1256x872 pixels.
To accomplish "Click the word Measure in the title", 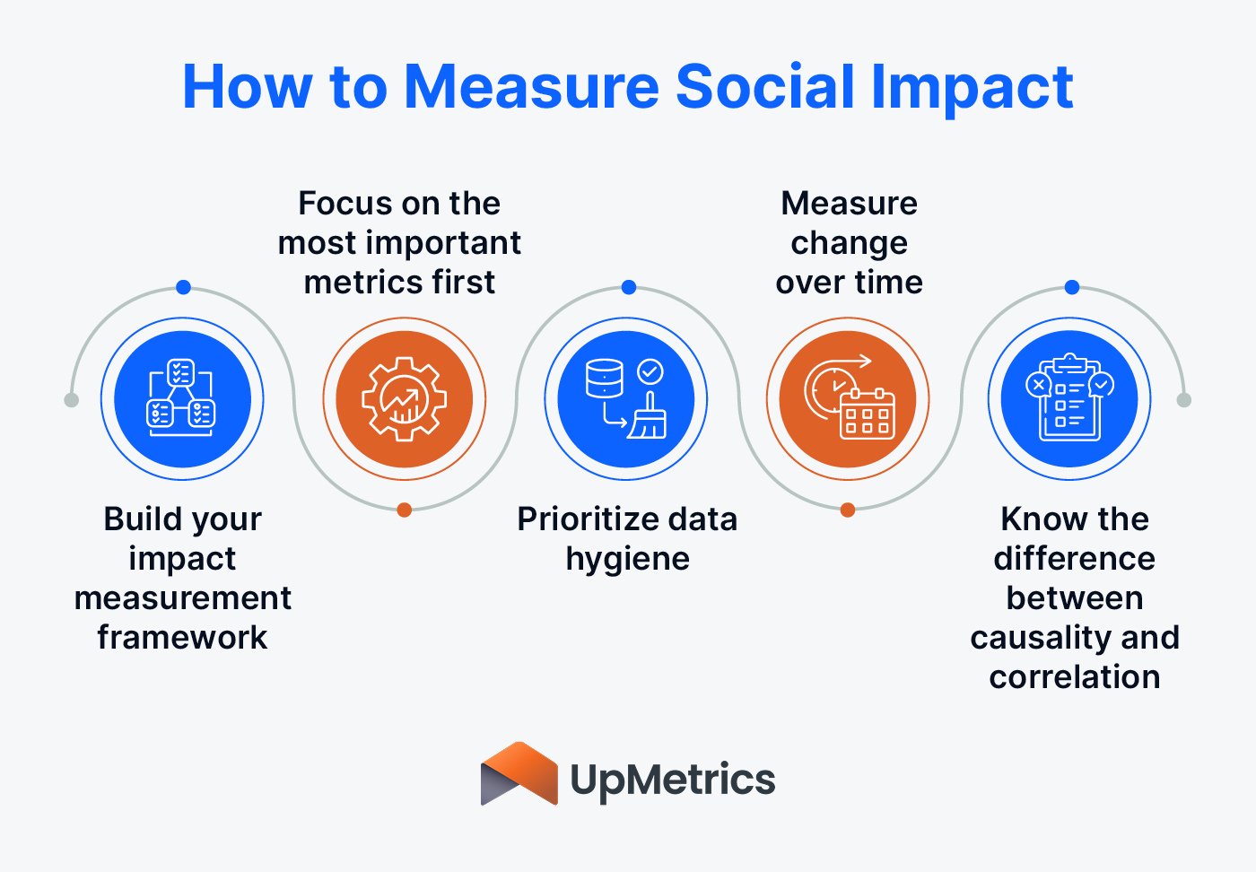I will coord(533,87).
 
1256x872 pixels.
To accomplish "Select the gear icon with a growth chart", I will coord(405,399).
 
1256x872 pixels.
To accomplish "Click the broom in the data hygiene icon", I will coord(648,417).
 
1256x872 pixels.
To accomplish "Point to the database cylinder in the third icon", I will coord(604,379).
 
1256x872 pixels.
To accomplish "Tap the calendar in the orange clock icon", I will coord(867,414).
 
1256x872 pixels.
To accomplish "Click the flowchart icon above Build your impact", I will coord(181,399).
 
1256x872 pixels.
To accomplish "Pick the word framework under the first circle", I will coord(182,637).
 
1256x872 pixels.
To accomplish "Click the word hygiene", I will coord(627,558).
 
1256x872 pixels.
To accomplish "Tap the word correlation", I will coord(1074,676).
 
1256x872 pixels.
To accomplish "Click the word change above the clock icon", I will coord(849,242).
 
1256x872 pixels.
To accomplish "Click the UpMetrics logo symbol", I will coord(519,774).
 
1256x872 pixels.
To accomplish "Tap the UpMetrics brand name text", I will coord(673,779).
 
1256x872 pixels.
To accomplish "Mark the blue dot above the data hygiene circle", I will coord(629,287).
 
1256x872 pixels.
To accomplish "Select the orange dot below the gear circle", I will coord(405,510).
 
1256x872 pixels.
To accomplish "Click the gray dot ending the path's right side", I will coord(1184,400).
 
